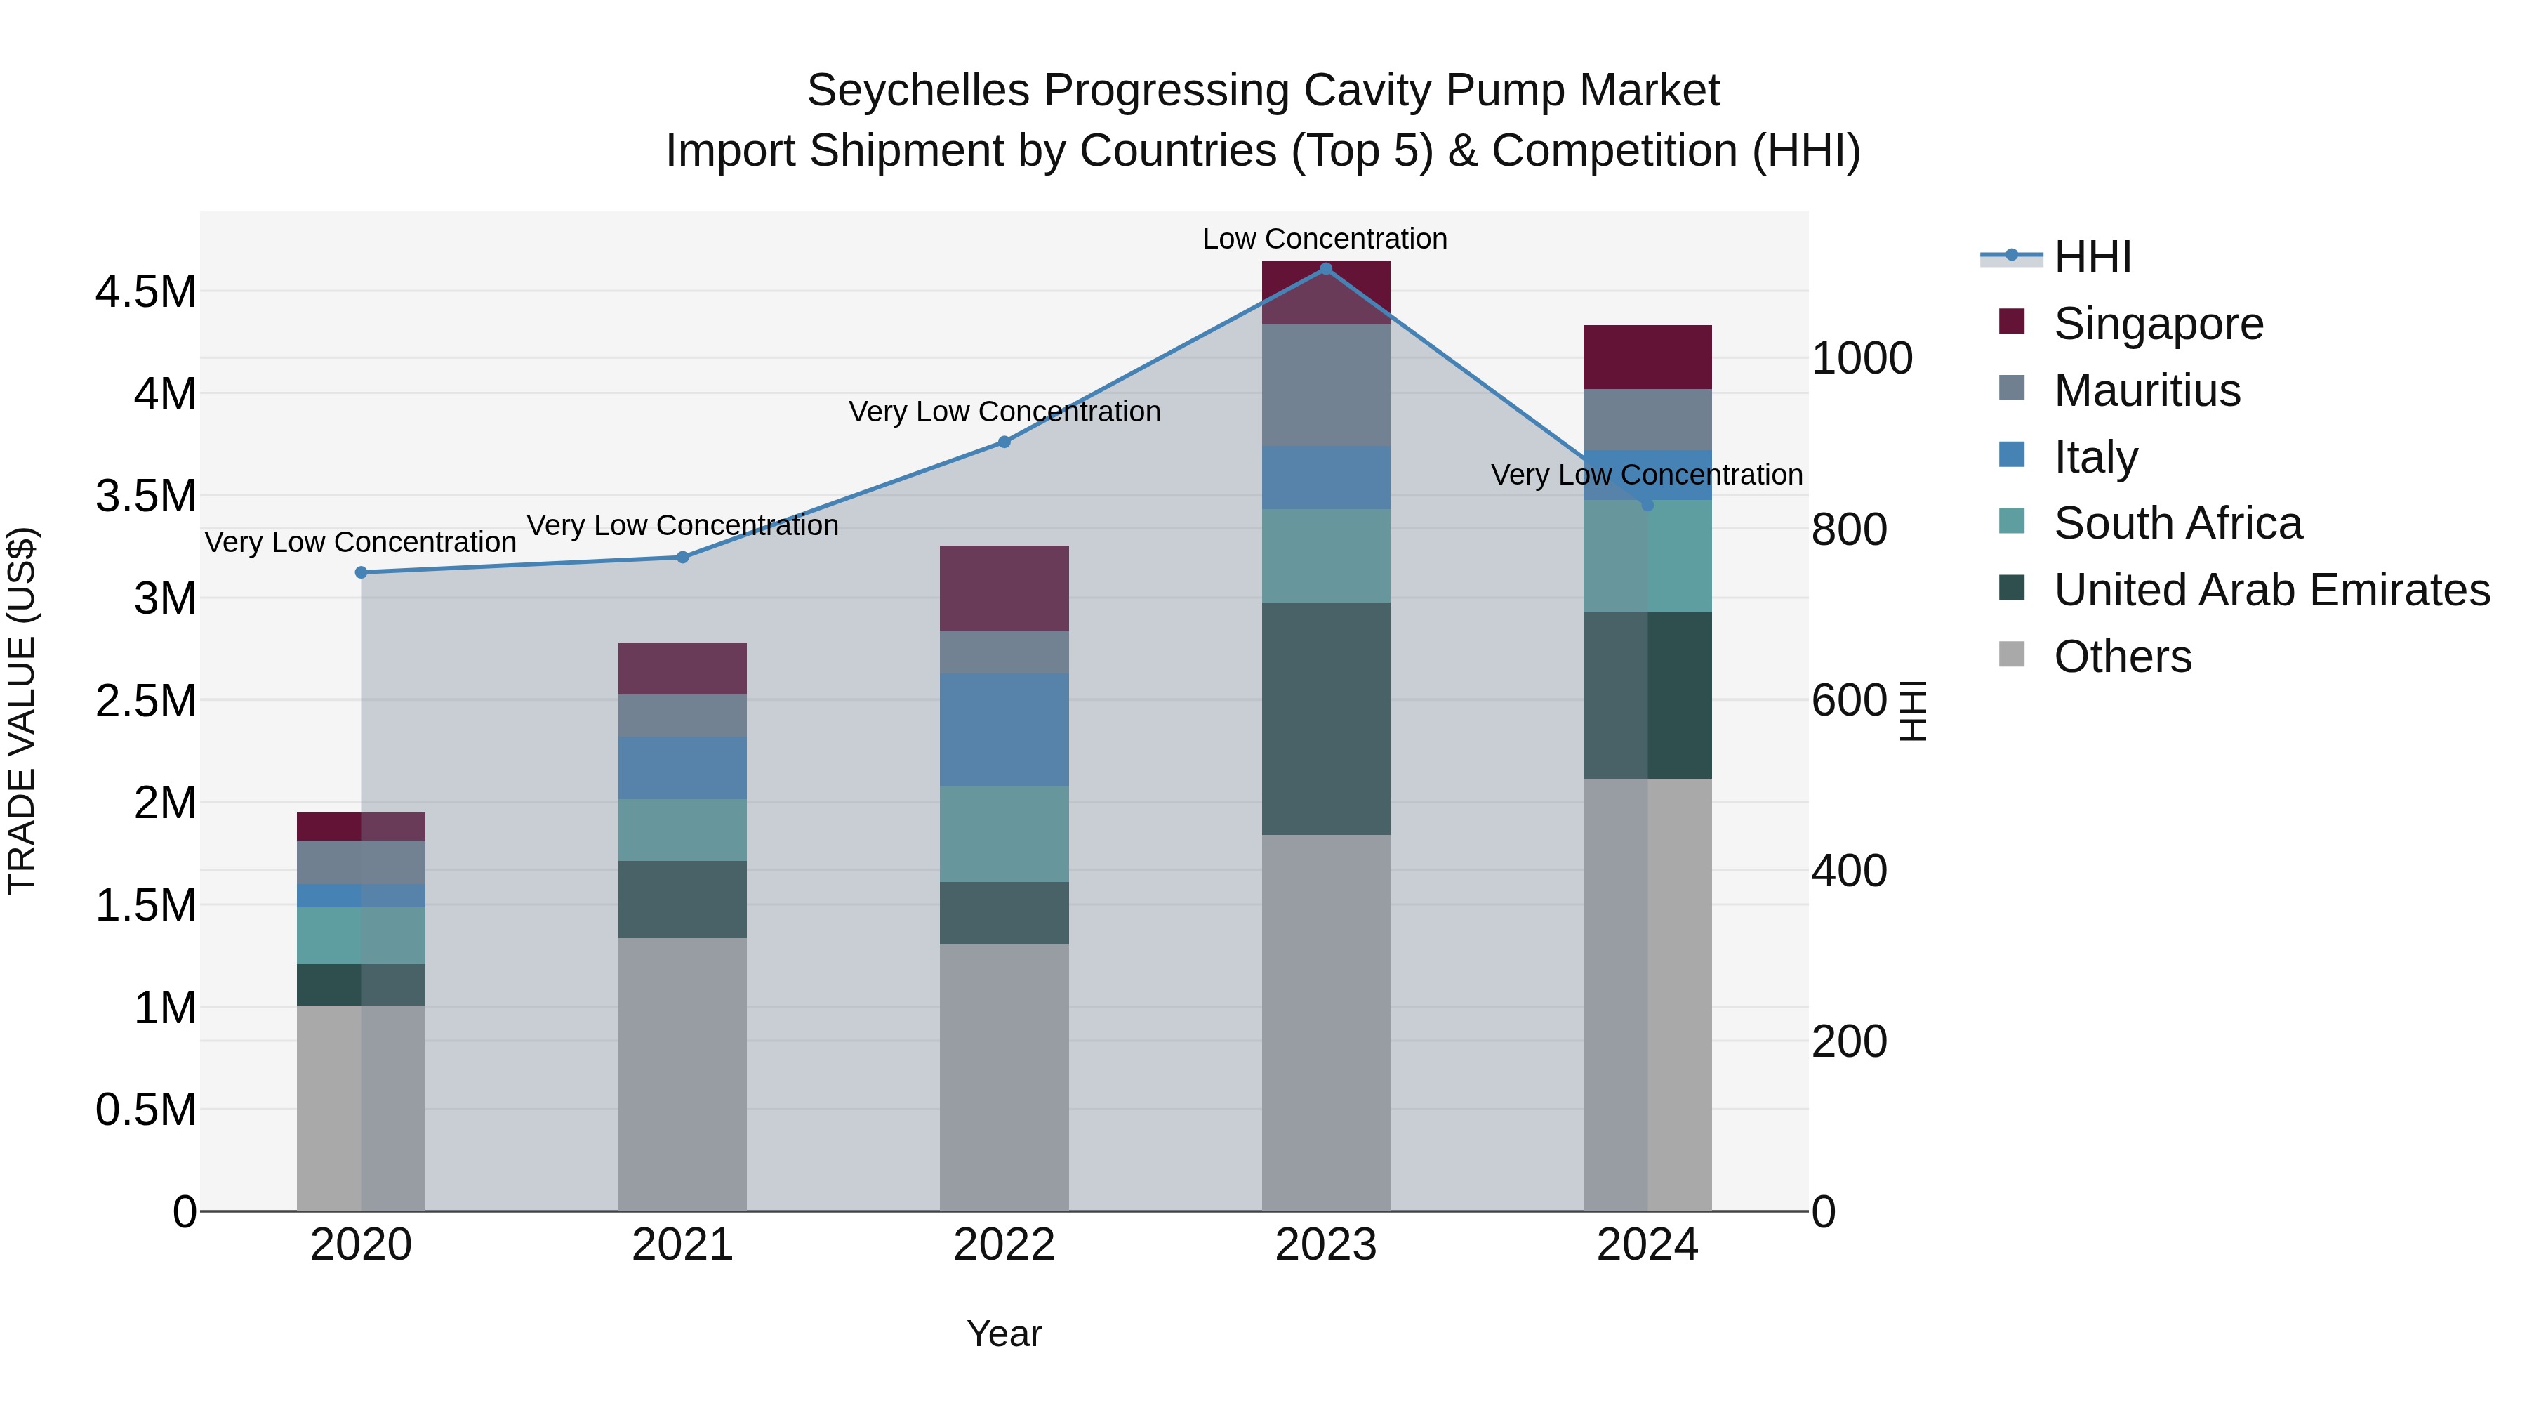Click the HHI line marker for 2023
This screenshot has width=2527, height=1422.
point(1325,269)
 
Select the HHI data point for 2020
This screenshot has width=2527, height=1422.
point(361,572)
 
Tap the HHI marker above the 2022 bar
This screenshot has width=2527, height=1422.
point(1004,442)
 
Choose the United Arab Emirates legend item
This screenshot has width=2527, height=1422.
point(2271,590)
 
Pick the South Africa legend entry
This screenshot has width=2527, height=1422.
point(2177,523)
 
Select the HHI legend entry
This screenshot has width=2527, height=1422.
point(2092,257)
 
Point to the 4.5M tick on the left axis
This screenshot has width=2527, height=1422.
point(145,292)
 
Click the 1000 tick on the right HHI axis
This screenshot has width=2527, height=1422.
point(1861,358)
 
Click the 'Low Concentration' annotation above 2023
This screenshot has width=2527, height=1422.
point(1325,239)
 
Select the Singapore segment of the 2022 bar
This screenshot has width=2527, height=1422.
point(1004,588)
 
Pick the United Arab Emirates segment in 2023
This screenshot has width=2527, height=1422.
point(1325,718)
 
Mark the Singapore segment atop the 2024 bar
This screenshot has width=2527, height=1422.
point(1647,357)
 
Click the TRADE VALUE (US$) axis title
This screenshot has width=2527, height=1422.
point(22,711)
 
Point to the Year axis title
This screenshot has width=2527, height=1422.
point(1004,1334)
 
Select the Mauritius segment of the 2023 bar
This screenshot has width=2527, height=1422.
point(1325,385)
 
